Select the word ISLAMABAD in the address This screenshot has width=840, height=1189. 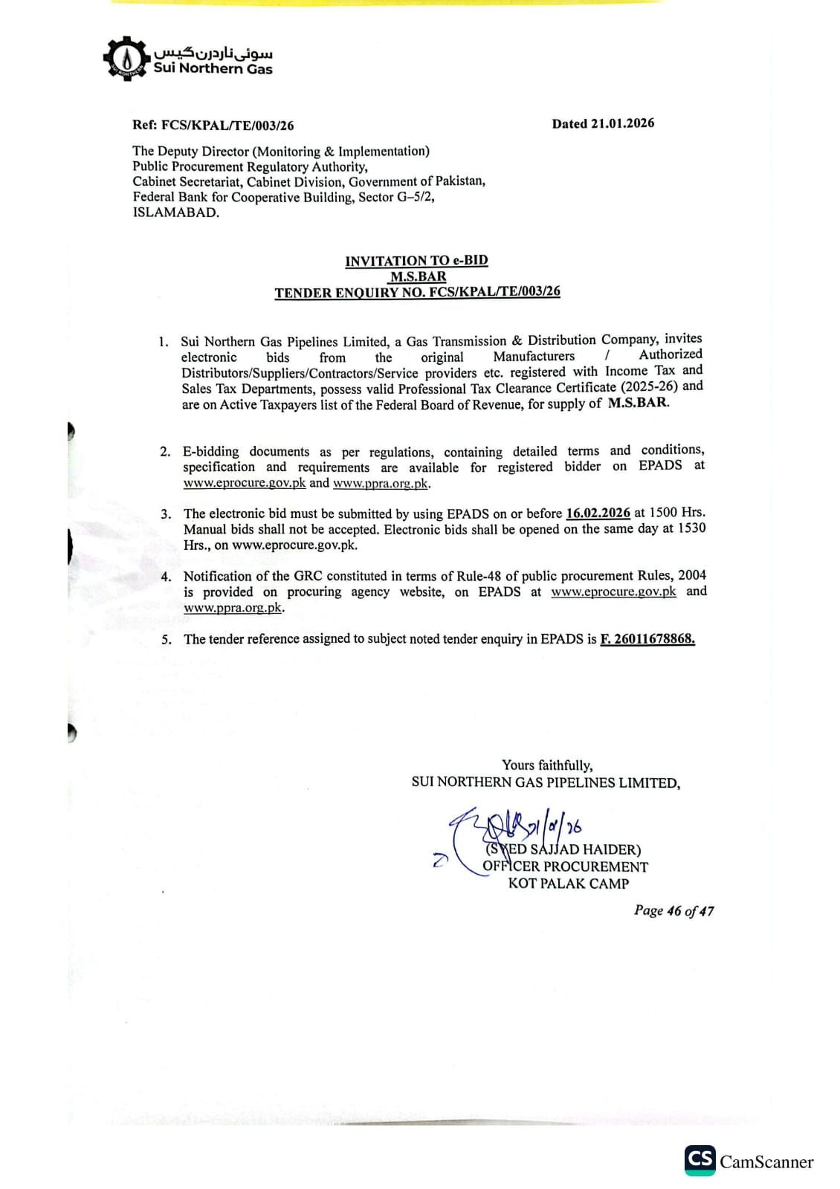[175, 213]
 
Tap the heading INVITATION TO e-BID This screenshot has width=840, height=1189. [416, 260]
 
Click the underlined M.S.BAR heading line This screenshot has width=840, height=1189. [418, 276]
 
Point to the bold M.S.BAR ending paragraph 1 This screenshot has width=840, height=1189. [638, 403]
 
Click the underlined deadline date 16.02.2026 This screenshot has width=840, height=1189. [598, 513]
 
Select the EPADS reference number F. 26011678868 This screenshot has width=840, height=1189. [647, 638]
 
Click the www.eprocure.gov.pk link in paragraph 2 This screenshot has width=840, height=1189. [245, 483]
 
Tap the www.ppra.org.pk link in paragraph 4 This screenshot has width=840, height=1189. [233, 608]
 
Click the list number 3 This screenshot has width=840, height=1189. [166, 513]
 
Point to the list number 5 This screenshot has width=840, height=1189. [166, 639]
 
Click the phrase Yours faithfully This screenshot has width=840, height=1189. [547, 765]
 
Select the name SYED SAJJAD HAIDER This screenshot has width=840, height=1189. [563, 849]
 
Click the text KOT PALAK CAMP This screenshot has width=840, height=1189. [569, 884]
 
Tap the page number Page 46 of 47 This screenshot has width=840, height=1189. [673, 910]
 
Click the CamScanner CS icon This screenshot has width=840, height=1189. [700, 1160]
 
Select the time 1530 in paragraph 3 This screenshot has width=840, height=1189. [691, 528]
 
